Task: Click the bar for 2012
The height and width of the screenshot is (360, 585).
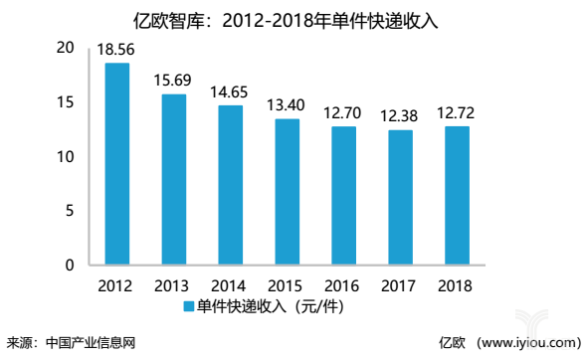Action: point(117,164)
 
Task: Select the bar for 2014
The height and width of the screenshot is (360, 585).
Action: point(231,185)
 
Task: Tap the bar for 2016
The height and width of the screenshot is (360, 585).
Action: point(344,196)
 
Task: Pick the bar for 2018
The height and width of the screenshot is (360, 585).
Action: point(458,196)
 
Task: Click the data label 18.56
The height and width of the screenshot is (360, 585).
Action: point(117,50)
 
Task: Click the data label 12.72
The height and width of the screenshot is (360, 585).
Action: point(458,113)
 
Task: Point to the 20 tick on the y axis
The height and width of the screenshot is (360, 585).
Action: point(66,48)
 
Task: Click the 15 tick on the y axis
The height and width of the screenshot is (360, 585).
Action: point(66,102)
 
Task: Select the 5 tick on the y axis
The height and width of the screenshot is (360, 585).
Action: point(70,211)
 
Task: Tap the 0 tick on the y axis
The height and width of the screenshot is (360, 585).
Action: point(70,265)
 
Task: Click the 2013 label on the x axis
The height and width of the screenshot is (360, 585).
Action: point(174,286)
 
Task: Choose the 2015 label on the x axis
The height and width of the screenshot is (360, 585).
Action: point(288,286)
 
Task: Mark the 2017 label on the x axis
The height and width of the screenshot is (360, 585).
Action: point(401,286)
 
